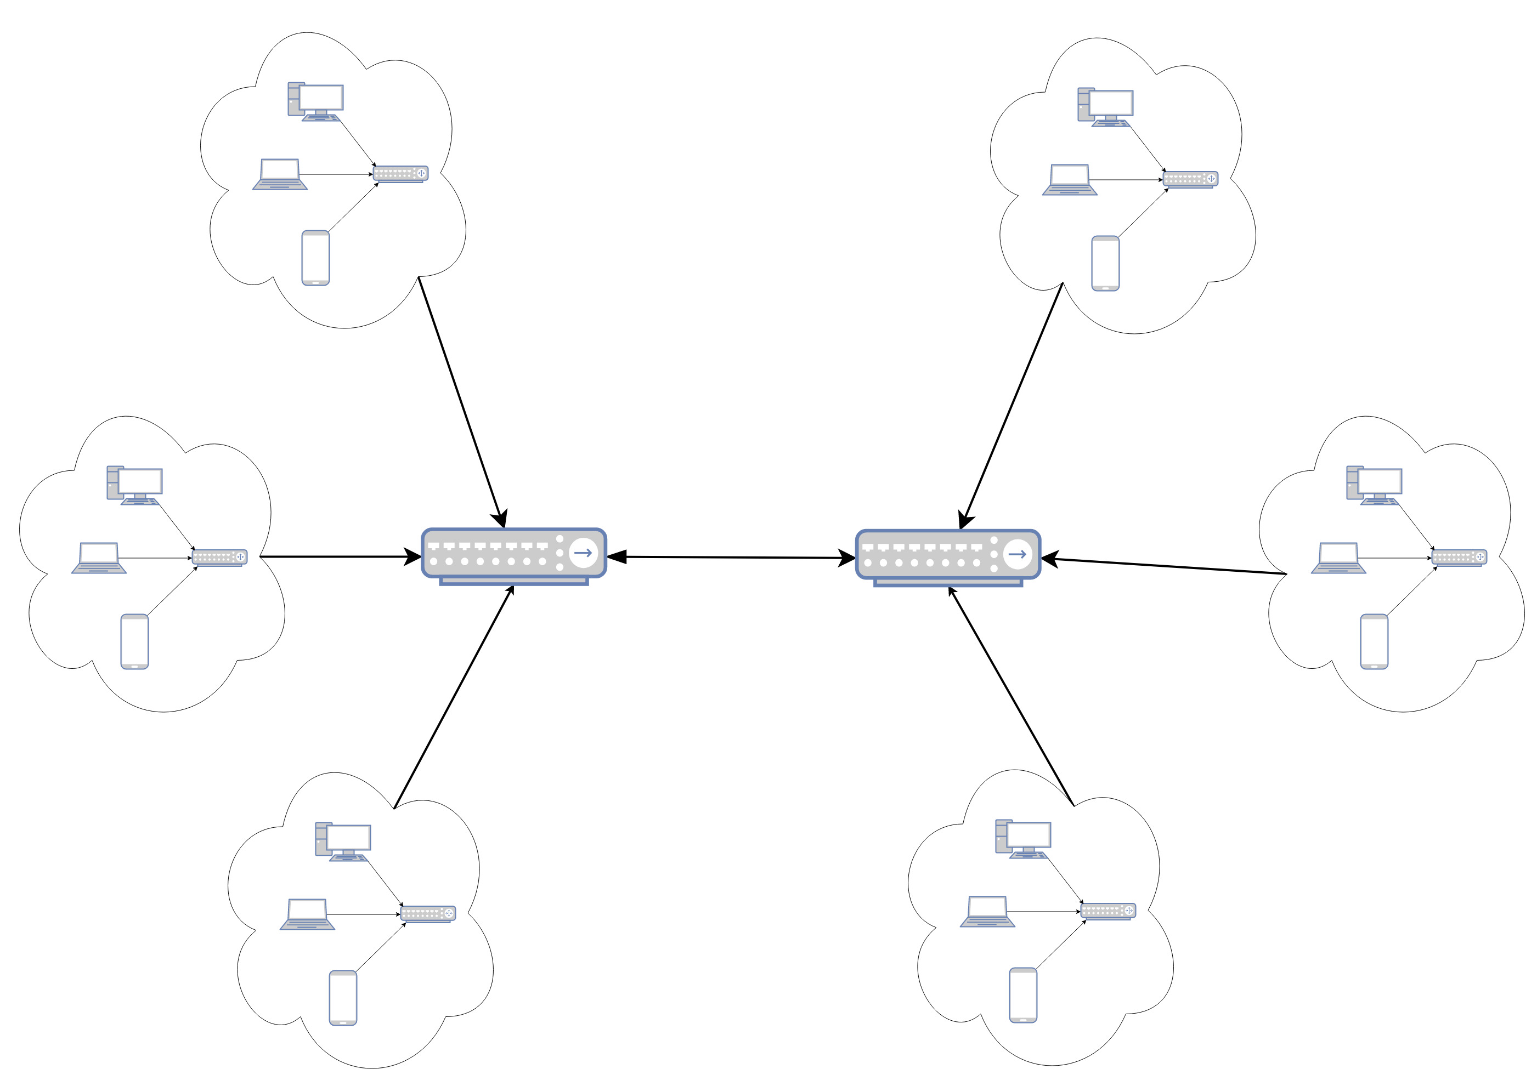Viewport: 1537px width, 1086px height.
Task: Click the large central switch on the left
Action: (513, 555)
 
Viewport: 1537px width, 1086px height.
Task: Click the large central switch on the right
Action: (947, 556)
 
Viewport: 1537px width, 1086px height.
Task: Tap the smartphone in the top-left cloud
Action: (315, 258)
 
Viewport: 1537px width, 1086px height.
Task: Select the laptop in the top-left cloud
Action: (280, 175)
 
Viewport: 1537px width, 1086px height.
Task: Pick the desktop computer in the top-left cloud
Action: (316, 102)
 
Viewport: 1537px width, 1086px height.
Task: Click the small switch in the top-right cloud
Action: (1190, 179)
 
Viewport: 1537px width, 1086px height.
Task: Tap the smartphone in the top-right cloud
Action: (1105, 264)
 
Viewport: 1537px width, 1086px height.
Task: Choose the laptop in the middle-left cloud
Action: (99, 558)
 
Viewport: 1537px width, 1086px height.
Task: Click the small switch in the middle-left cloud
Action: (219, 558)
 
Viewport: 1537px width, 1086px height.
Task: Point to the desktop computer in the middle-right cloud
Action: (1374, 485)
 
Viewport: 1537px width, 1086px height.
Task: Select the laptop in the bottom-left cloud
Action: (307, 915)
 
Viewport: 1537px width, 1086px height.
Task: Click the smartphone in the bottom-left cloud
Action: (343, 998)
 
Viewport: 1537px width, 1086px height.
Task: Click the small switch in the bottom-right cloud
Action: (1108, 911)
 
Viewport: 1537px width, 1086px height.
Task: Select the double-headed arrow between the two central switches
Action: (731, 558)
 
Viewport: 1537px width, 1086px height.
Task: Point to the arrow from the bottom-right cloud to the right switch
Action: (1011, 696)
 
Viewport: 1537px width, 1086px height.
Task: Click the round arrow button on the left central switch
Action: (583, 553)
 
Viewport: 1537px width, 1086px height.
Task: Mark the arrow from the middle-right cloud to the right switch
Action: (1165, 567)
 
